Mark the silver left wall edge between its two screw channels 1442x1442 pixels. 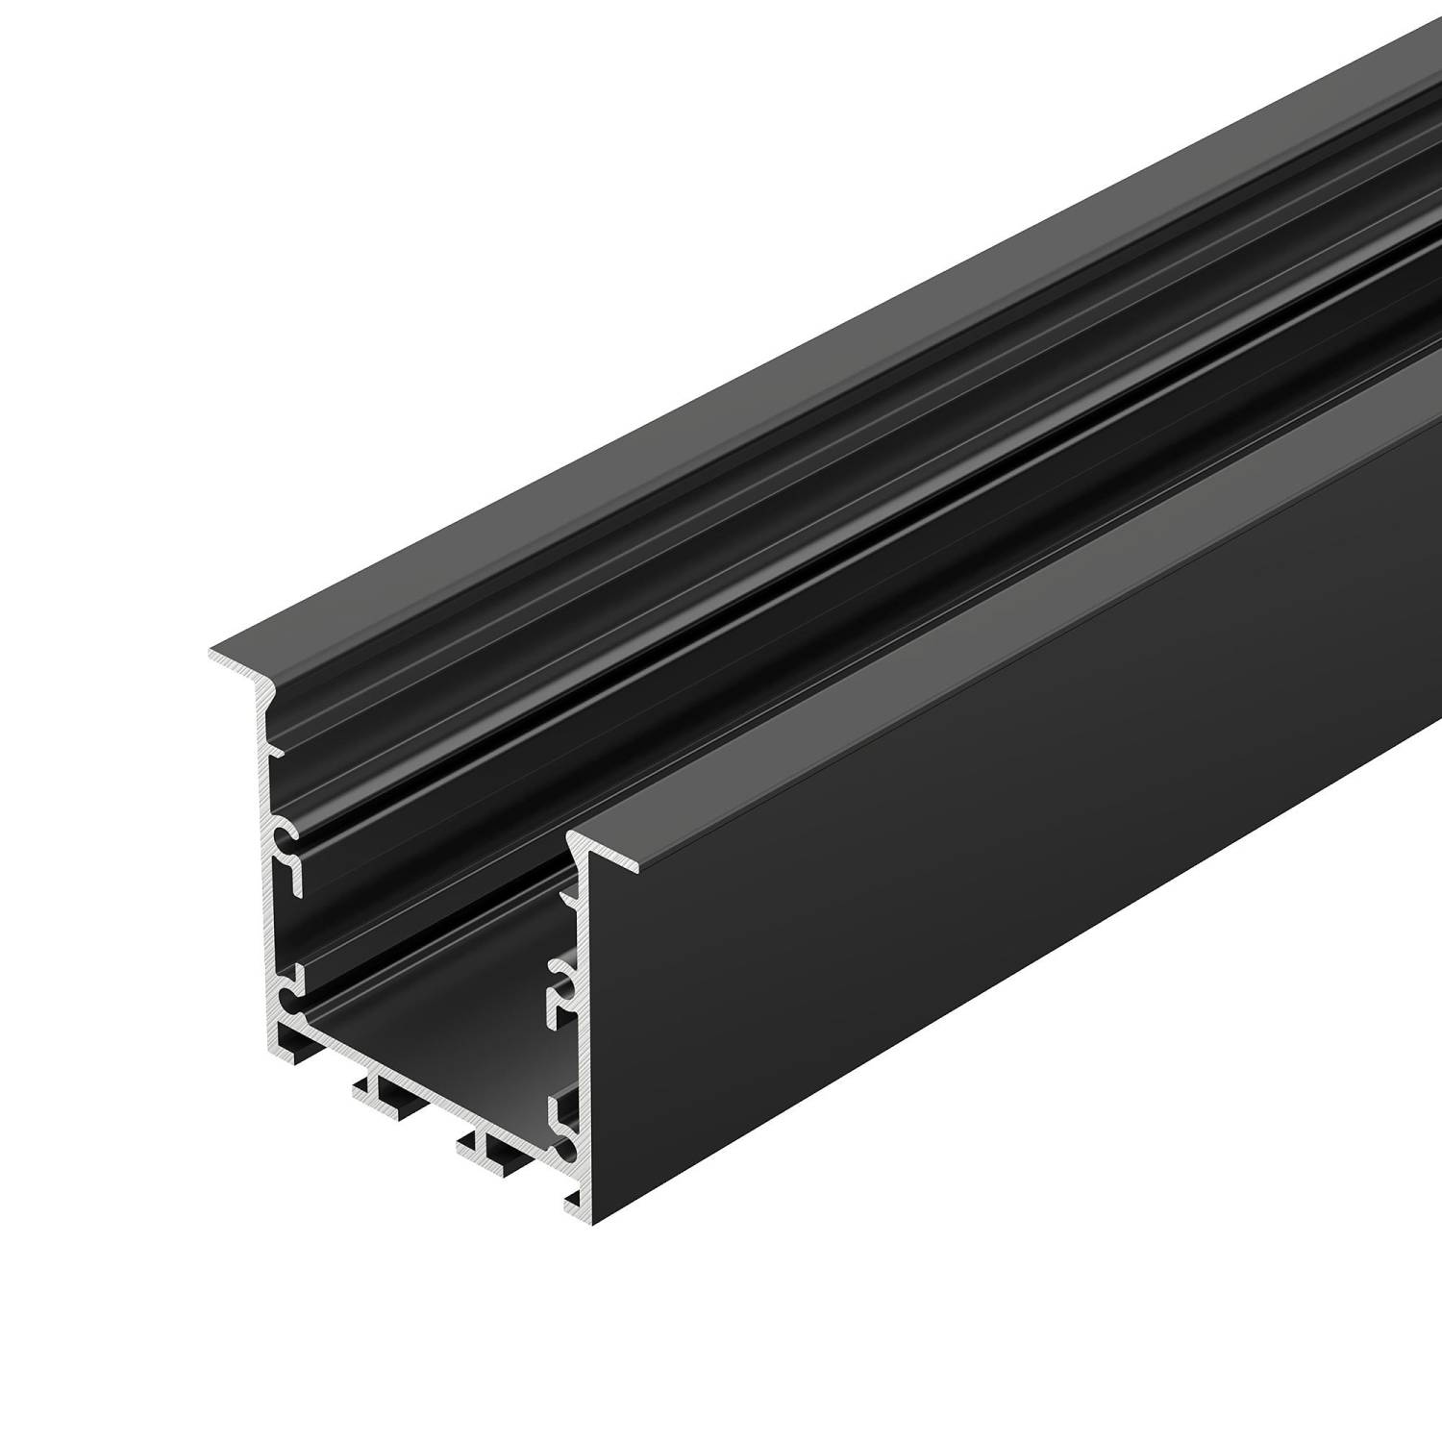[x=269, y=904]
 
